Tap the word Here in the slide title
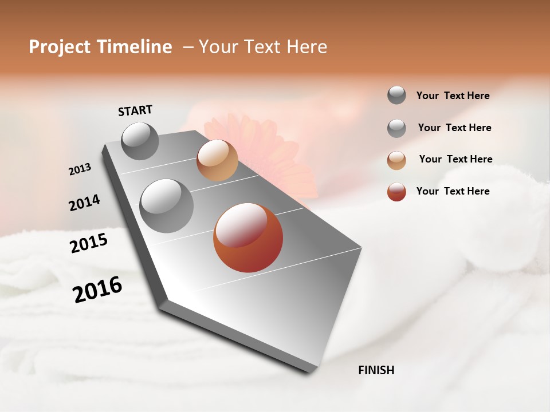(307, 47)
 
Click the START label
(135, 110)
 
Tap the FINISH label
(376, 370)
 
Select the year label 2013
(80, 169)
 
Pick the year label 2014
(84, 203)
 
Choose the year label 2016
(97, 290)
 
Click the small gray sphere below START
(140, 141)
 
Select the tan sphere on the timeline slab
(217, 160)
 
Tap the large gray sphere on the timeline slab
(166, 206)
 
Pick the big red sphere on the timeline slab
(248, 237)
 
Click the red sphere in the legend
(396, 192)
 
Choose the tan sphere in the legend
(396, 160)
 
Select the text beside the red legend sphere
(453, 191)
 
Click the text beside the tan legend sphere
(455, 159)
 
